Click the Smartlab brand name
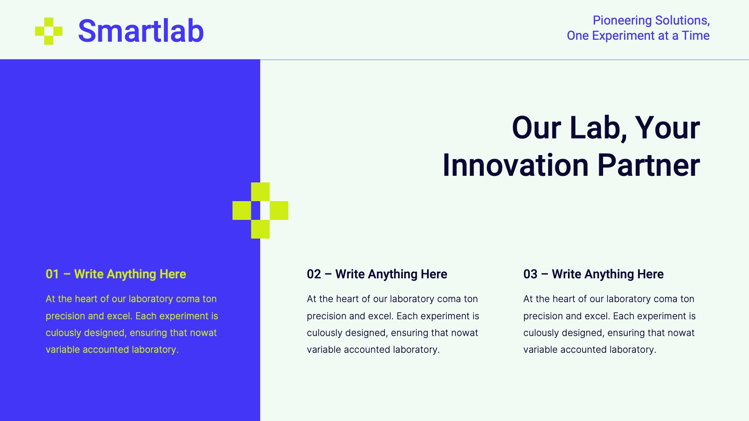tap(141, 31)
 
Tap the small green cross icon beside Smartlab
tap(49, 31)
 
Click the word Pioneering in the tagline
tap(622, 20)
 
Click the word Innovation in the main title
tap(515, 165)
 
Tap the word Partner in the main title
tap(648, 165)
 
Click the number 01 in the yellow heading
tap(52, 274)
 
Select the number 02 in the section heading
tap(314, 274)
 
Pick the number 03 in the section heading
tap(530, 274)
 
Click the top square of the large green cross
tap(260, 192)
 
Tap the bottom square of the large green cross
tap(260, 229)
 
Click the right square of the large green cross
tap(279, 210)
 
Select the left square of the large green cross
tap(241, 210)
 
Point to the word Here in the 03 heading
tap(650, 274)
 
